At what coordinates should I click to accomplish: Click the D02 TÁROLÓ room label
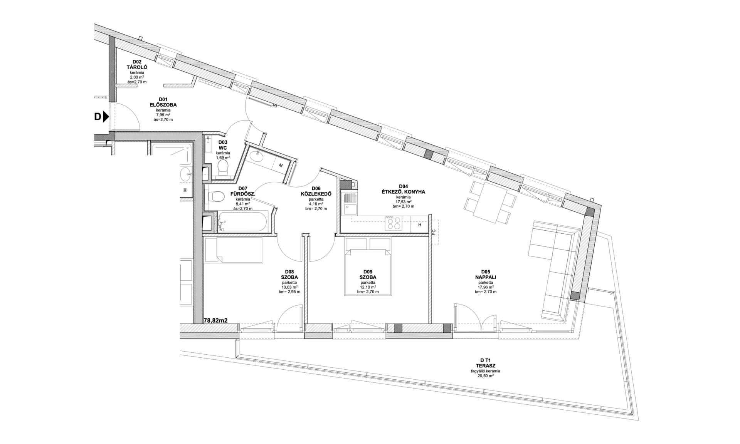point(137,64)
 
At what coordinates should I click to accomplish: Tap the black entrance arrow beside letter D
point(106,117)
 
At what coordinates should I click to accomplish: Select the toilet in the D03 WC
point(223,168)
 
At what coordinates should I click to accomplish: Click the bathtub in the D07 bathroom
point(242,221)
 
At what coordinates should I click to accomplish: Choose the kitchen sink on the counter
point(350,204)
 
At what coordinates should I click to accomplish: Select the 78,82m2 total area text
point(215,320)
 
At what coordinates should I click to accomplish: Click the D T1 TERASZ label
point(485,363)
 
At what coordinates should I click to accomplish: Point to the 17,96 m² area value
point(486,287)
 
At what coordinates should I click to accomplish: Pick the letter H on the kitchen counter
point(420,225)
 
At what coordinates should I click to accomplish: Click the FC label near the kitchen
point(434,232)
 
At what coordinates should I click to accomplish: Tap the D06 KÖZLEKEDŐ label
point(316,191)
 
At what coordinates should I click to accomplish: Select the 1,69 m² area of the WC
point(223,157)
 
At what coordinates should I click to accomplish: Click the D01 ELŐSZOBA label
point(163,102)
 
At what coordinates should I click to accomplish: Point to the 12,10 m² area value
point(368,287)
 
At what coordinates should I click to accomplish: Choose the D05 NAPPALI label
point(486,274)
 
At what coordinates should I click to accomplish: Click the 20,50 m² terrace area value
point(485,376)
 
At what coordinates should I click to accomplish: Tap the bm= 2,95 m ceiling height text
point(289,292)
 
